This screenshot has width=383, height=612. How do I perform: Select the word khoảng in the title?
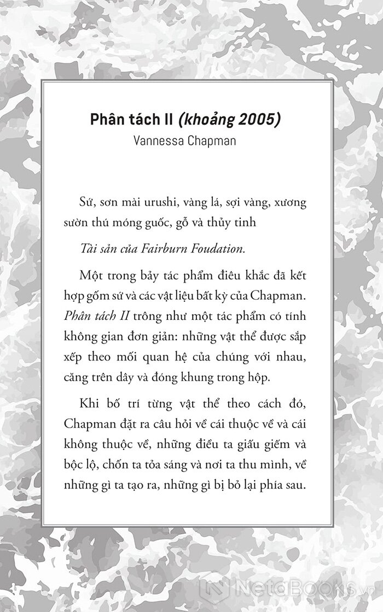(x=207, y=120)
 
